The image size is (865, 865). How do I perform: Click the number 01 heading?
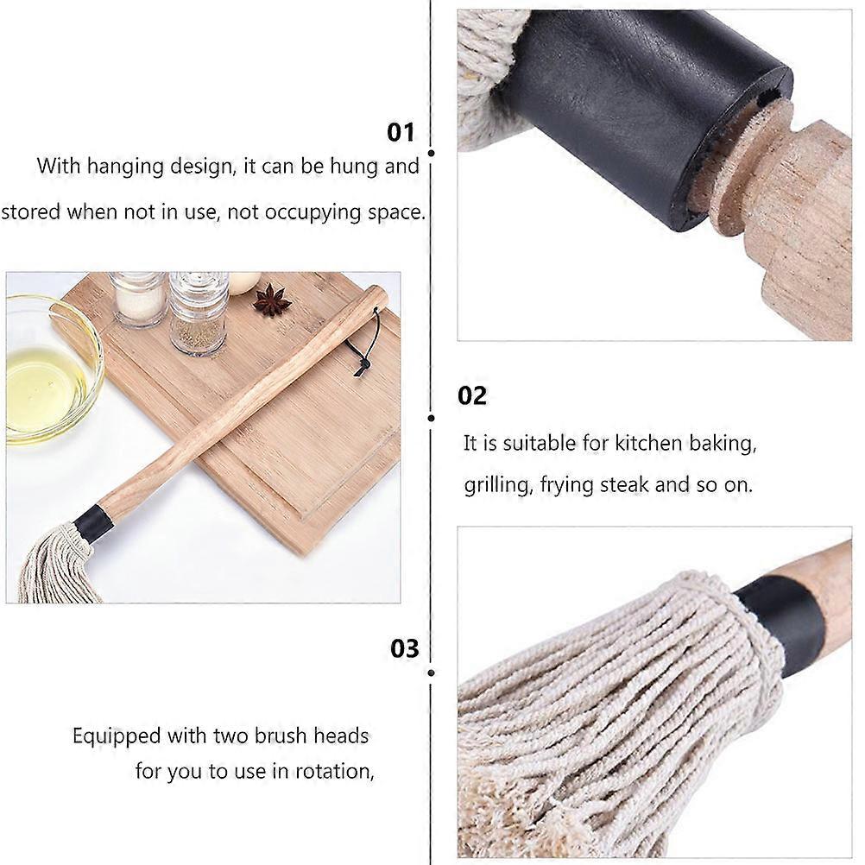pyautogui.click(x=401, y=132)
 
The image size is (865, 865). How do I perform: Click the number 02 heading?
pyautogui.click(x=472, y=395)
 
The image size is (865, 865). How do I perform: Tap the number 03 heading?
pyautogui.click(x=404, y=648)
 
